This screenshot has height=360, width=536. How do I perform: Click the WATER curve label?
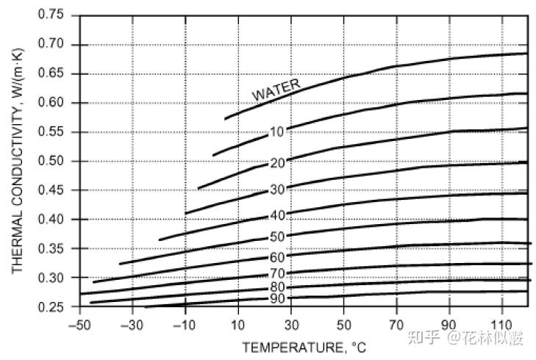point(276,90)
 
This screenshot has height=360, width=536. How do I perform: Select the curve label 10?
point(276,132)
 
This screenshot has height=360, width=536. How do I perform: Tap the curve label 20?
point(276,163)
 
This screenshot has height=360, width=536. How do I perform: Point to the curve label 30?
point(276,190)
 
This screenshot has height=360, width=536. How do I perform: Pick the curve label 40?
point(276,215)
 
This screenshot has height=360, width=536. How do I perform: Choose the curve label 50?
point(276,237)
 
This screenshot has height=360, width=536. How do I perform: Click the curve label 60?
point(276,257)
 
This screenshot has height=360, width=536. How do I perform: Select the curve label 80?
point(276,287)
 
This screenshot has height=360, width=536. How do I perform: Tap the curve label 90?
point(276,298)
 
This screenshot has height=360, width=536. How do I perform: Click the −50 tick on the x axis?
point(79,323)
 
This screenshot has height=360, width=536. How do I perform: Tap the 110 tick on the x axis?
point(501,323)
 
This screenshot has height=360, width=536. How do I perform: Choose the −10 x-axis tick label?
point(185,323)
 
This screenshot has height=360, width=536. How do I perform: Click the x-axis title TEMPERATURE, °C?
point(303,346)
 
